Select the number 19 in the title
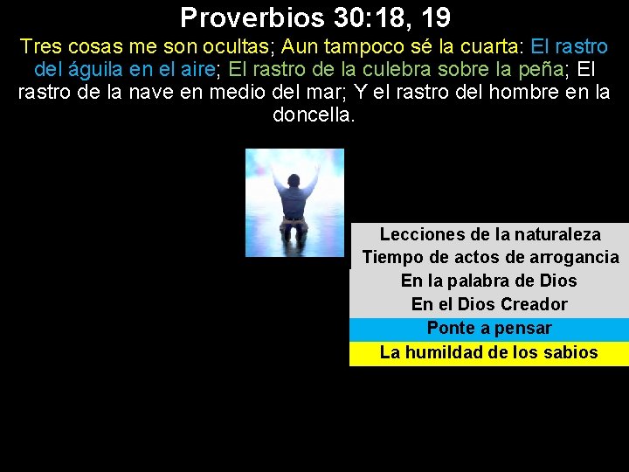pyautogui.click(x=433, y=17)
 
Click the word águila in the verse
pyautogui.click(x=97, y=69)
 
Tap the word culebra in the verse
pyautogui.click(x=386, y=69)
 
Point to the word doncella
pyautogui.click(x=314, y=115)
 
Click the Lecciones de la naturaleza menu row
pyautogui.click(x=490, y=234)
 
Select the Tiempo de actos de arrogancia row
pyautogui.click(x=490, y=257)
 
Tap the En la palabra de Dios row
pyautogui.click(x=489, y=281)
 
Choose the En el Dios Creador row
pyautogui.click(x=489, y=304)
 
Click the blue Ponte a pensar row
pyautogui.click(x=489, y=329)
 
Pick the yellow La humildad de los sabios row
pyautogui.click(x=489, y=353)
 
